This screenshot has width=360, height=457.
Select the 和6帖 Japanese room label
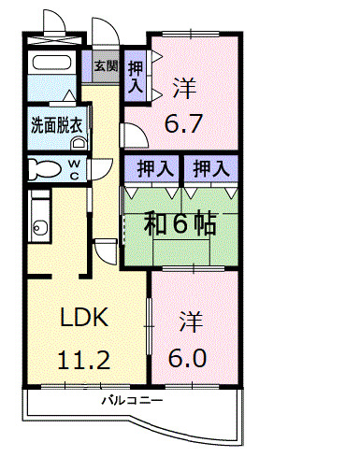(x=180, y=223)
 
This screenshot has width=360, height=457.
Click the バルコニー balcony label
(x=134, y=400)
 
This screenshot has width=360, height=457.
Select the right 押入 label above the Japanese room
(x=209, y=169)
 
